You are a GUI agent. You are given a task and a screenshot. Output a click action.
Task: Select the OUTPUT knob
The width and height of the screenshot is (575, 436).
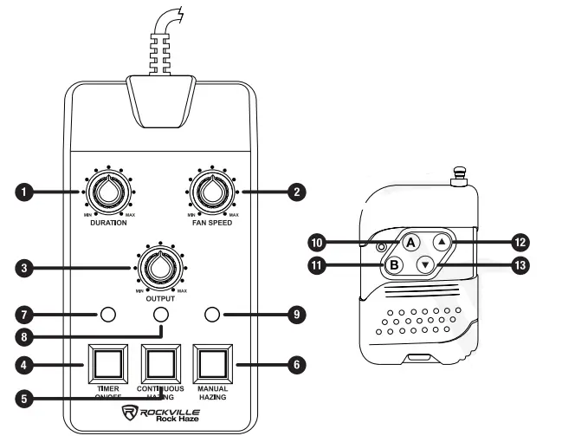[159, 270]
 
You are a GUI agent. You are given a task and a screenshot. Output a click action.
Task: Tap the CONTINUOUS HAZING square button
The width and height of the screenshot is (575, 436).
[160, 361]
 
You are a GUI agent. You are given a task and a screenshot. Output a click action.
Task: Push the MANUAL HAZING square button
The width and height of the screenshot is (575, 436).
[212, 361]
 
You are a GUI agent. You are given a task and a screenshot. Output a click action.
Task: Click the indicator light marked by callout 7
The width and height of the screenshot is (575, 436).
[107, 314]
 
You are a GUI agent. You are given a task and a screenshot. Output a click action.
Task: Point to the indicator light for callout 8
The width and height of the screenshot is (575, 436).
[160, 315]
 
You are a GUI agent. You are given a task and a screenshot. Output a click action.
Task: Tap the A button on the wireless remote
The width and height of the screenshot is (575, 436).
[412, 243]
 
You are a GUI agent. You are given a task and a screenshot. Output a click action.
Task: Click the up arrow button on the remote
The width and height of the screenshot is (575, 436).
[443, 244]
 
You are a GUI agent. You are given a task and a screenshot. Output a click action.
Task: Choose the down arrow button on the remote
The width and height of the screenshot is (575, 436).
[425, 266]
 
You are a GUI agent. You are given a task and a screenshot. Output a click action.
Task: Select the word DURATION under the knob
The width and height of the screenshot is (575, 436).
[109, 223]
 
